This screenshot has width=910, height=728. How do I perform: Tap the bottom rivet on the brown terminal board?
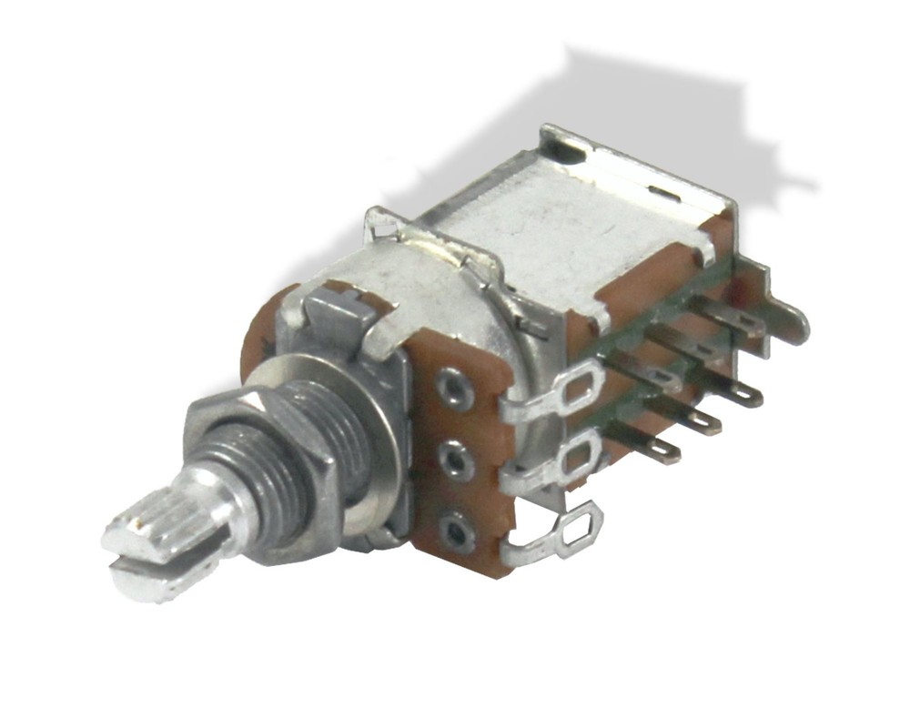457,531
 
